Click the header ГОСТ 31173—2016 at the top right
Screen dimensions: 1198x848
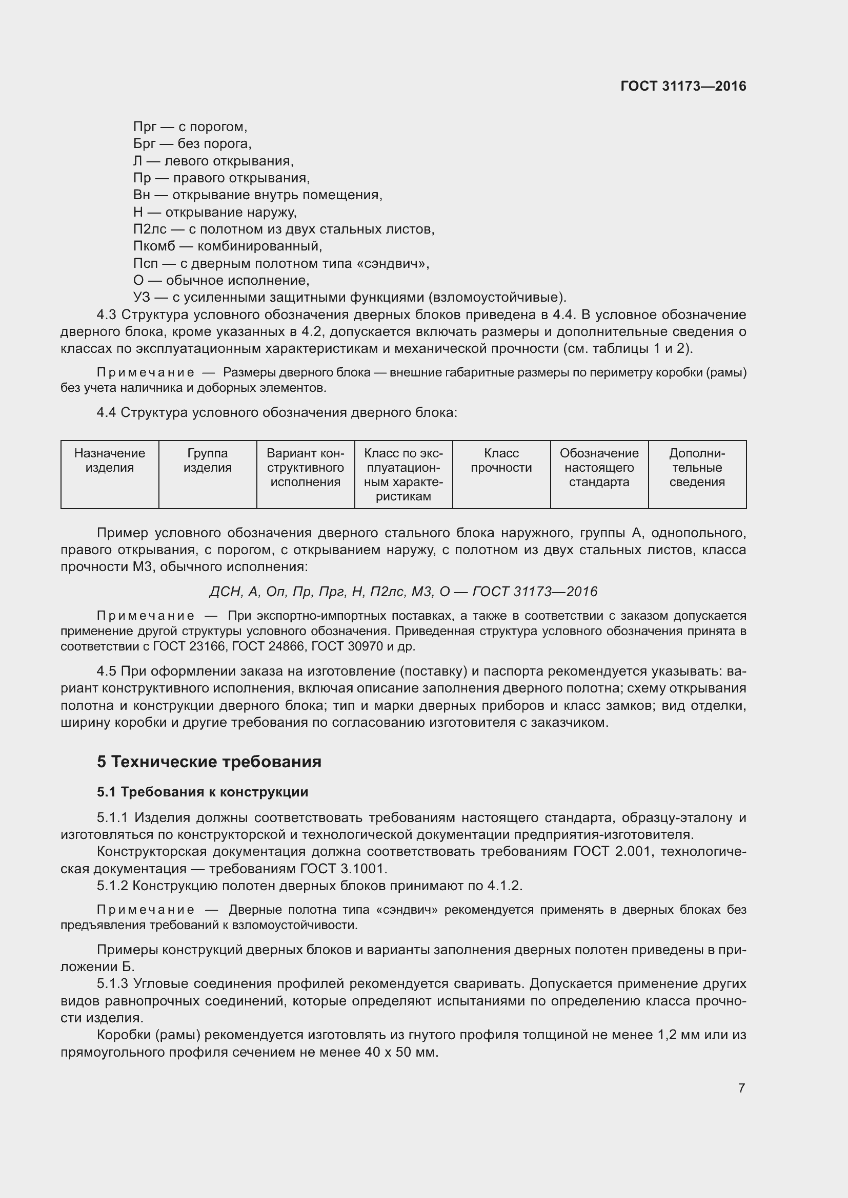683,86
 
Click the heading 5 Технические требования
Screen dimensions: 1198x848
209,762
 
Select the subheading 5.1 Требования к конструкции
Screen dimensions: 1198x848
203,792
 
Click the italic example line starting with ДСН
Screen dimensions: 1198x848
403,591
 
